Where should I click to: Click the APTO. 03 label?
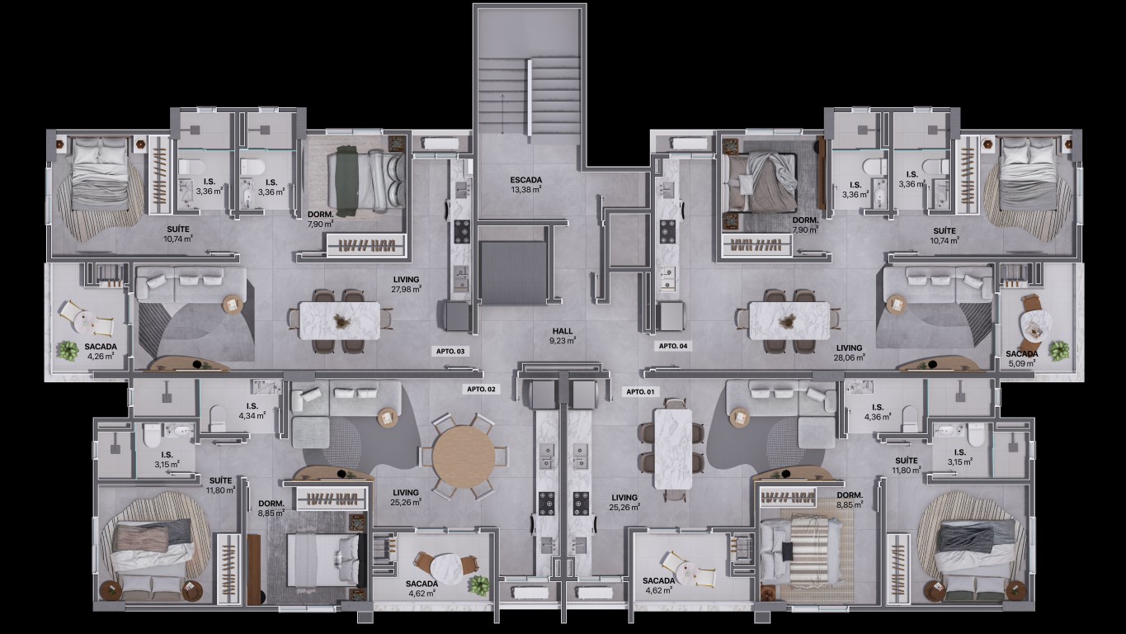pos(450,351)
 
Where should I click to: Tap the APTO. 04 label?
pos(672,346)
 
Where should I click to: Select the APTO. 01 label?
pos(640,392)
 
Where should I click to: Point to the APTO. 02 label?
pos(481,390)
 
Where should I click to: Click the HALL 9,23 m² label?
pos(563,336)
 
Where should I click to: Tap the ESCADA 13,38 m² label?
pos(525,185)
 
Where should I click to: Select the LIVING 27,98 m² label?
pos(406,284)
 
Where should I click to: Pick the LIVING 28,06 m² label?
pos(850,352)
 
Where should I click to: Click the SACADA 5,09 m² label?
pos(1022,358)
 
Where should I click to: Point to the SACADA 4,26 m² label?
pos(100,351)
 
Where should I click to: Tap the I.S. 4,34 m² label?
pos(252,410)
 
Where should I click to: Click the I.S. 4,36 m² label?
pos(878,412)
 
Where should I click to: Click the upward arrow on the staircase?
pos(502,114)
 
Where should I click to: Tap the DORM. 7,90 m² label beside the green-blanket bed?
pos(321,219)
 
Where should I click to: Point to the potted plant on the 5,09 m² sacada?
pos(1058,351)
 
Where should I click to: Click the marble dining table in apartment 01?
pos(672,449)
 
